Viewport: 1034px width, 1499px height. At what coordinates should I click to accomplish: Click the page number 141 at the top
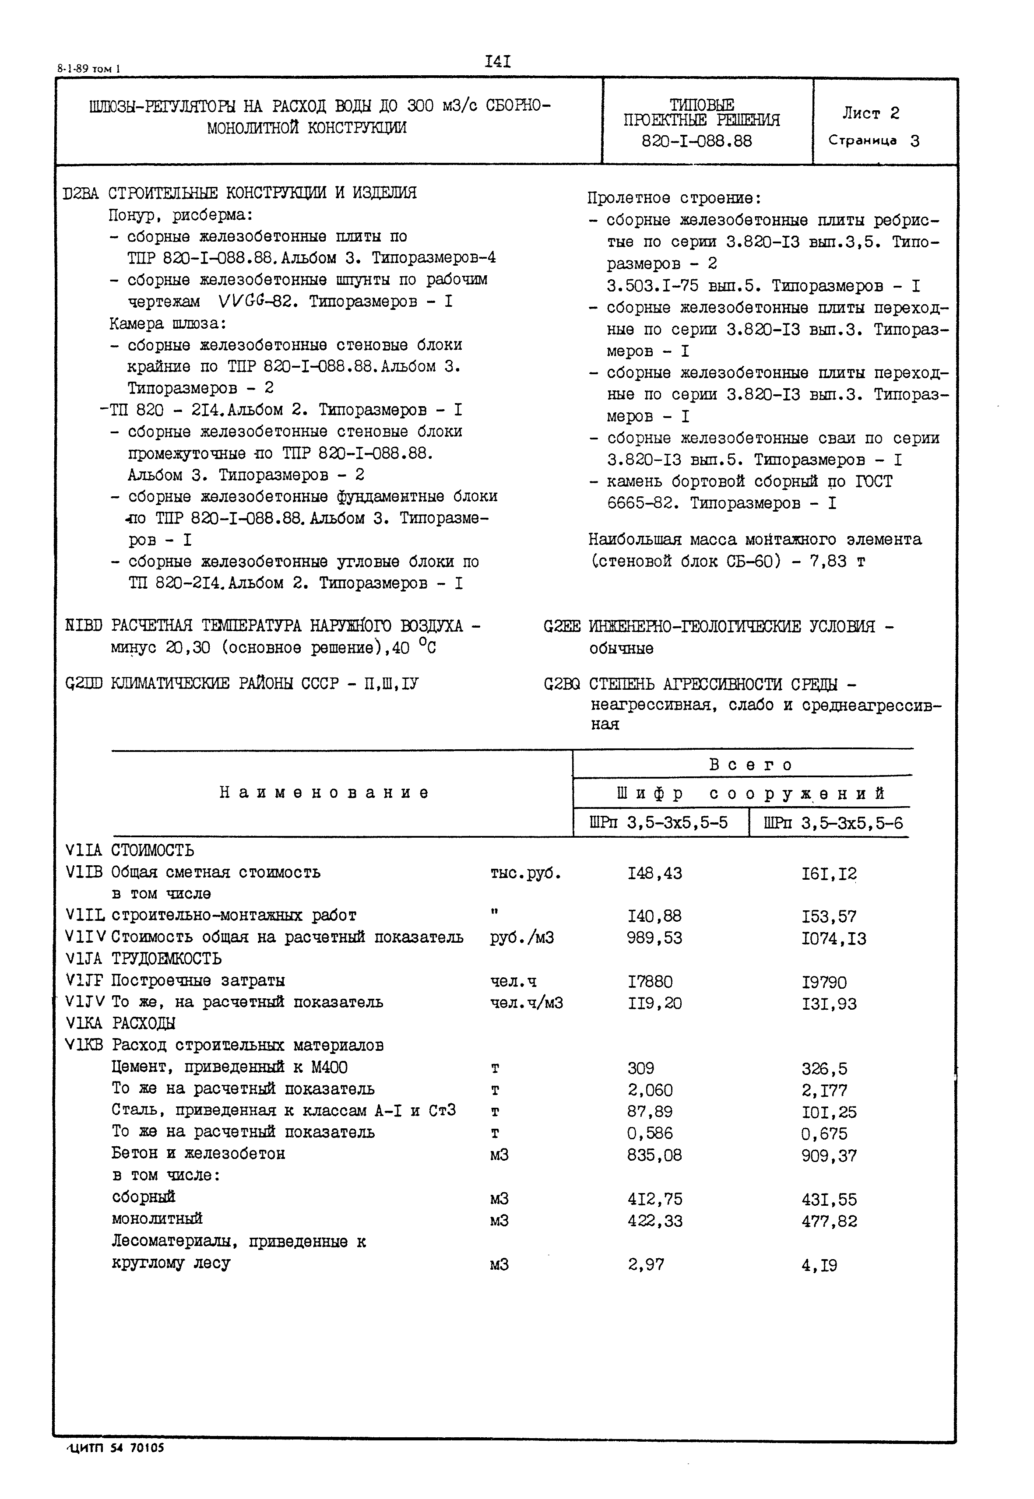pos(498,62)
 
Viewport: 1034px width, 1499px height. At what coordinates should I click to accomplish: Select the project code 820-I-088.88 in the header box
pos(696,141)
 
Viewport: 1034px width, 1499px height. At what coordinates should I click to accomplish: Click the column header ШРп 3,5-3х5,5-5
pos(658,823)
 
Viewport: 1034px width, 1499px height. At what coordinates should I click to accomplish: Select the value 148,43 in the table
pos(654,873)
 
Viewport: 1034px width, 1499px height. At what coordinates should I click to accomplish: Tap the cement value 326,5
pos(824,1069)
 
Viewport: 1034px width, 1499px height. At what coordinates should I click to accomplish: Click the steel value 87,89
pos(650,1112)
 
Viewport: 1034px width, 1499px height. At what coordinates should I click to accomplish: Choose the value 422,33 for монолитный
pos(654,1221)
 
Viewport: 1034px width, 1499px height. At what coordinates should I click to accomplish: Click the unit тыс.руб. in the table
pos(525,873)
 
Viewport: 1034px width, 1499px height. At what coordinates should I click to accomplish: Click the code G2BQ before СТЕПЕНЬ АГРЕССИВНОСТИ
pos(562,684)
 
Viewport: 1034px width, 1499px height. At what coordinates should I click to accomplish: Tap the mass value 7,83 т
pos(837,561)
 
